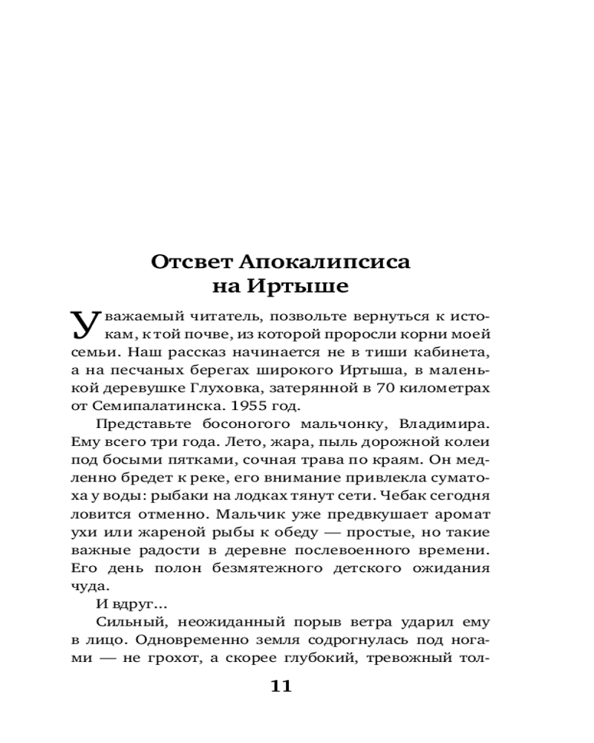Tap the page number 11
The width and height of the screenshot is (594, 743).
[x=281, y=686]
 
